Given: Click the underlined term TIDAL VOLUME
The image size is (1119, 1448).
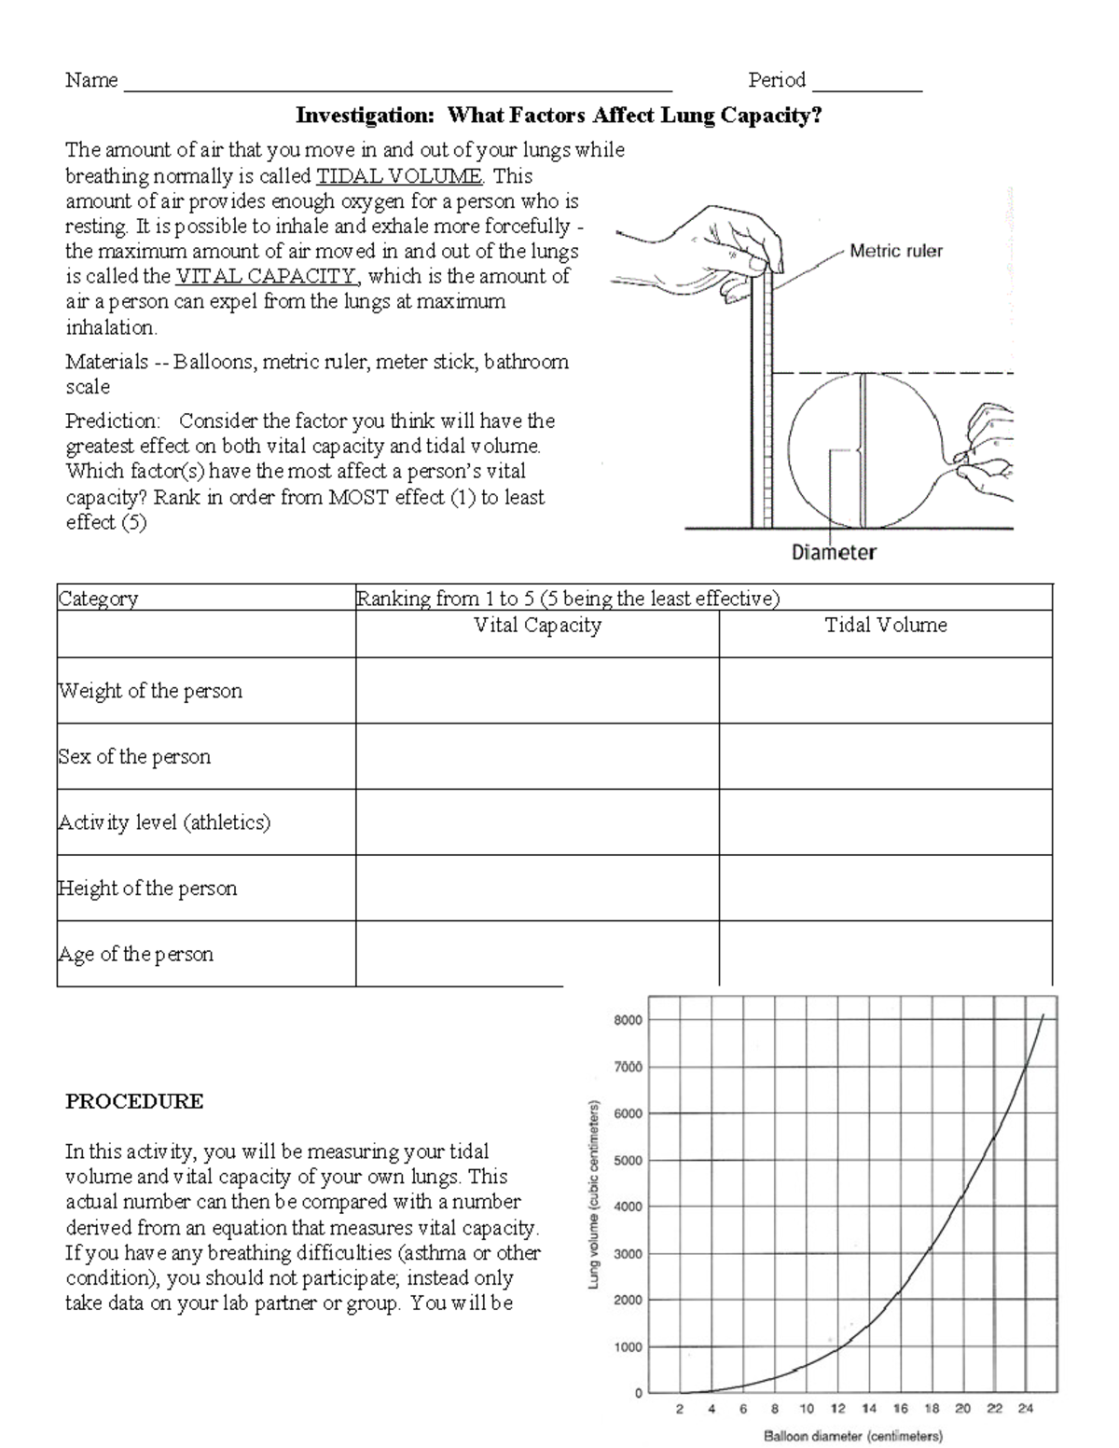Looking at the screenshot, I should [x=399, y=176].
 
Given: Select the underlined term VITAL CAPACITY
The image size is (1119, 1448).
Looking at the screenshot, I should [x=266, y=277].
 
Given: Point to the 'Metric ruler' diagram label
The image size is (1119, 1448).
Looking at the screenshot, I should [x=895, y=251].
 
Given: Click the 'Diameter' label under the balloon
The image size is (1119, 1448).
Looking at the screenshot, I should [x=834, y=552].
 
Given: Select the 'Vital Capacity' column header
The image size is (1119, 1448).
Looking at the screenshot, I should [x=537, y=626].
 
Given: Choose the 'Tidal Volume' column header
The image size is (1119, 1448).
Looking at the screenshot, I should [x=885, y=626].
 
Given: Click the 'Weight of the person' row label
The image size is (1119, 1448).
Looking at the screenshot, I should [x=150, y=691].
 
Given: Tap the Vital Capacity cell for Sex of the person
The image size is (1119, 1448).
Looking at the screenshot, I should [x=537, y=756].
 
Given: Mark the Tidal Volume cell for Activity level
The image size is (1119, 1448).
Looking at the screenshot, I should [x=885, y=822].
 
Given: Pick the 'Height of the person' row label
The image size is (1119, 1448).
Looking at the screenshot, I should [x=147, y=889].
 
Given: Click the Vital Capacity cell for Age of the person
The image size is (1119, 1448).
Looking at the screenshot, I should [x=537, y=954].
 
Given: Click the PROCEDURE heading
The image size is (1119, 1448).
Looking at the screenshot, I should [x=134, y=1101].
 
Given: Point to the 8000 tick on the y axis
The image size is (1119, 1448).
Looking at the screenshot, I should [x=628, y=1020].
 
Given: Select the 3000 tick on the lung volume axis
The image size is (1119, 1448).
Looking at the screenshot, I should [x=628, y=1254].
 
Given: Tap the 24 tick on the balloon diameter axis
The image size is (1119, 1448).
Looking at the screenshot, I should [x=1025, y=1409].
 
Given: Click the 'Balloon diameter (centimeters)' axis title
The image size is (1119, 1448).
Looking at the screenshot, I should [x=852, y=1437].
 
